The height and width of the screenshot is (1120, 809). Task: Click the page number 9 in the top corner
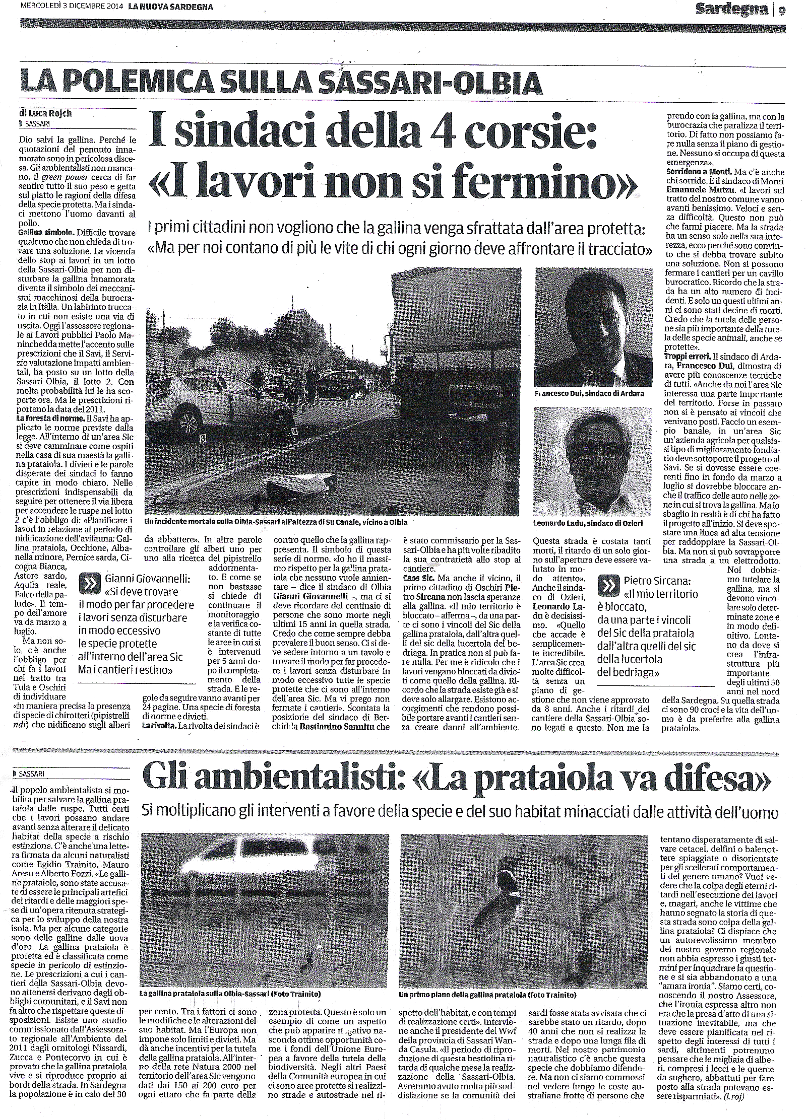(x=781, y=10)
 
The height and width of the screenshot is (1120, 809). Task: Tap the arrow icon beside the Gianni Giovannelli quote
(x=91, y=583)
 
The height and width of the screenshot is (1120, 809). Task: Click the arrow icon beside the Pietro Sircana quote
(x=607, y=585)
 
